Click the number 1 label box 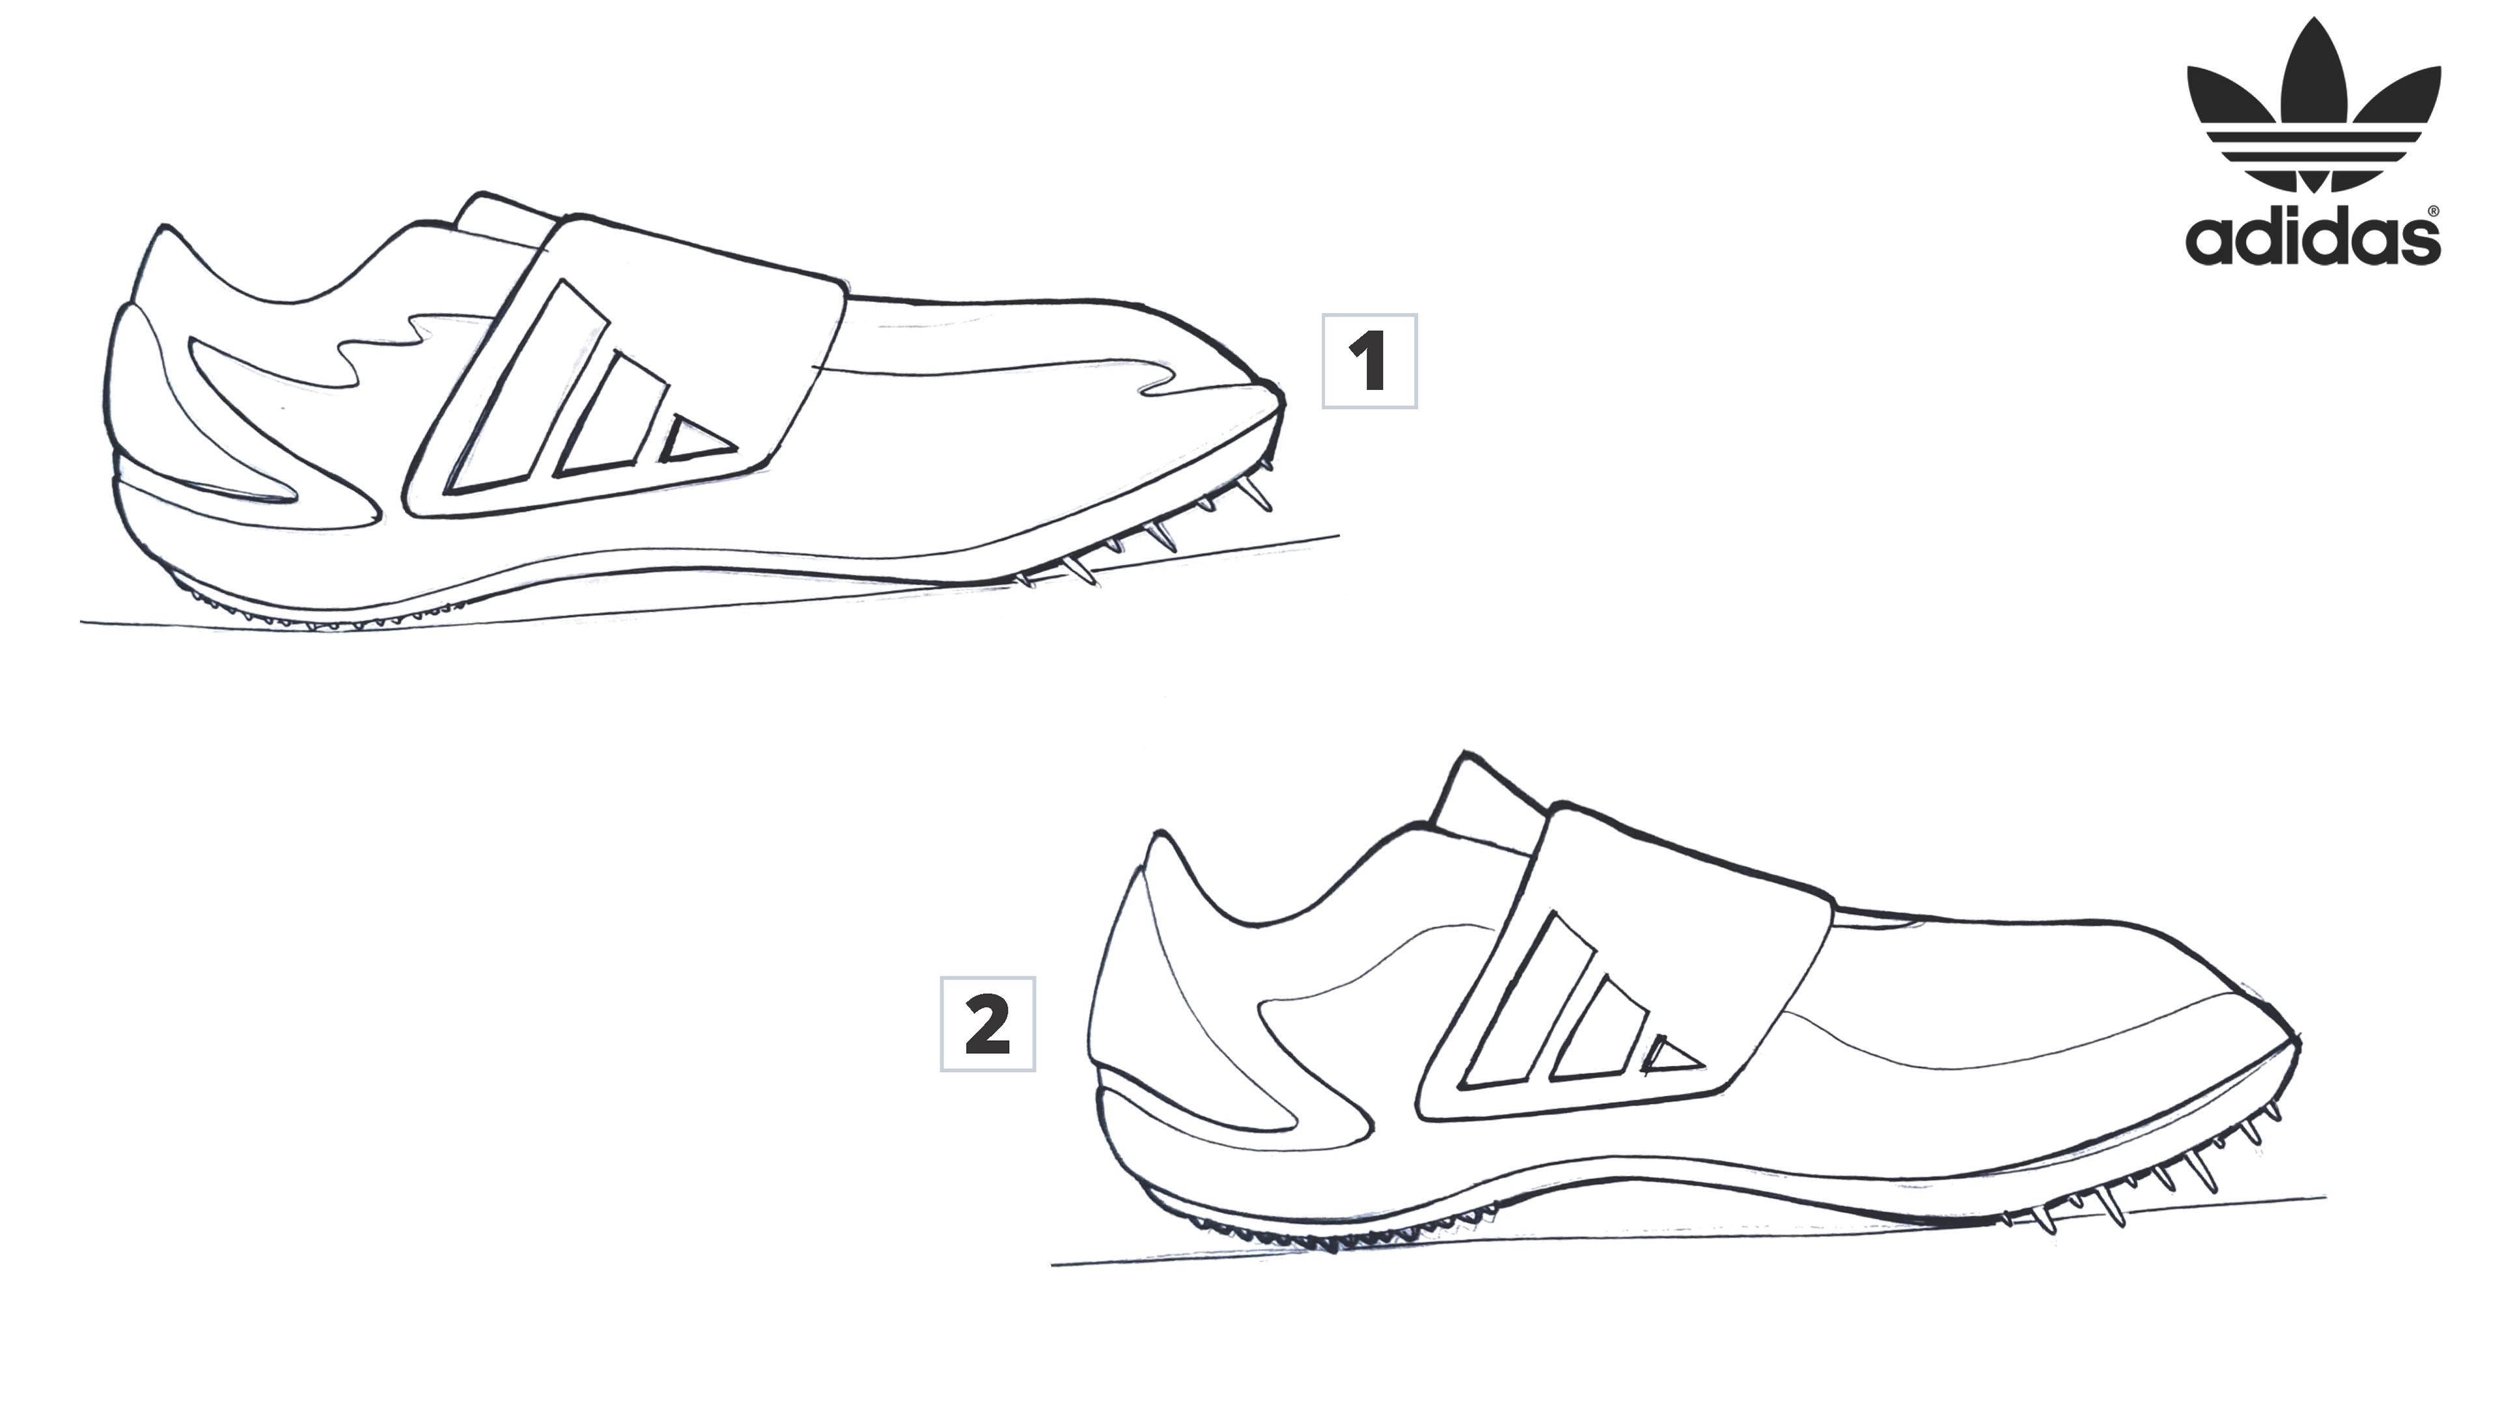(1368, 361)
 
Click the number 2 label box (987, 1024)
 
